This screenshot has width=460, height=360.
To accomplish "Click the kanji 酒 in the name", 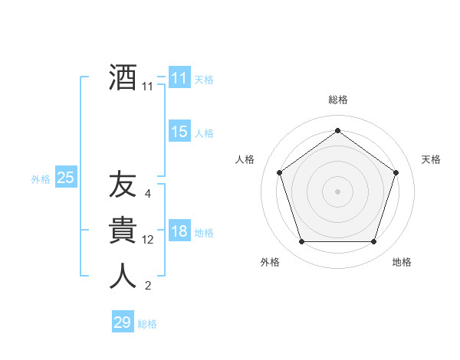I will [123, 77].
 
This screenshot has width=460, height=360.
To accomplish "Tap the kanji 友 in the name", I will [123, 185].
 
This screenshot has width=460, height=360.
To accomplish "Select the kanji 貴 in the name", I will [123, 231].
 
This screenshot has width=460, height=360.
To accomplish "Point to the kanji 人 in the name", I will [123, 276].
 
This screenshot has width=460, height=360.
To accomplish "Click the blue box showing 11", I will [179, 78].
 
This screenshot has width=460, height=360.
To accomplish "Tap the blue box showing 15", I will [179, 132].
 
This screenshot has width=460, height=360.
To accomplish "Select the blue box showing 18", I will [179, 231].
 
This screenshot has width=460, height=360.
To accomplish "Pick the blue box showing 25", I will [65, 178].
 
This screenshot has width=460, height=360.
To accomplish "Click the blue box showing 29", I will [122, 322].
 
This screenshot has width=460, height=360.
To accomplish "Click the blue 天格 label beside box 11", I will [204, 80].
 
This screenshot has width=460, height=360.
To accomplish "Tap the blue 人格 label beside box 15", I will [204, 133].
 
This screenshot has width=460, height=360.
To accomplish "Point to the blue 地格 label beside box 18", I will [204, 233].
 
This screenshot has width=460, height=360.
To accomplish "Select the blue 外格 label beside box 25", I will [41, 179].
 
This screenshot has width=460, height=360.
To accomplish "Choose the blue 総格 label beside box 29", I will [147, 324].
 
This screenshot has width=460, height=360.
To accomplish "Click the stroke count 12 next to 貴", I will [148, 240].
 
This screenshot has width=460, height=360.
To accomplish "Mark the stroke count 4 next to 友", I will [147, 194].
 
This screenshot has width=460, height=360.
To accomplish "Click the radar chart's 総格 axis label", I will [337, 100].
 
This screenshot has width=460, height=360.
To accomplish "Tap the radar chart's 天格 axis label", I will [431, 159].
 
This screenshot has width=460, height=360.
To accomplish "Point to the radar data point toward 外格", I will [301, 242].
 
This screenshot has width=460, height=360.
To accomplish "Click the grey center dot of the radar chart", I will [337, 191].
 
